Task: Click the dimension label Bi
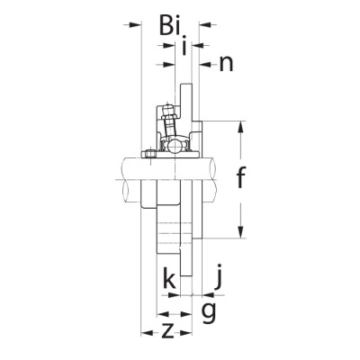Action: pos(171,25)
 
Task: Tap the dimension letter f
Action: pos(240,178)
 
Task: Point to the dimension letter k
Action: pos(168,280)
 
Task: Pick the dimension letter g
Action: pos(208,310)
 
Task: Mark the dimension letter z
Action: pos(167,330)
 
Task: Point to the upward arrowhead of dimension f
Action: pos(241,124)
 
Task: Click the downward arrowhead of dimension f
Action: pos(241,234)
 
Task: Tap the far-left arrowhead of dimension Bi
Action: pos(136,25)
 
